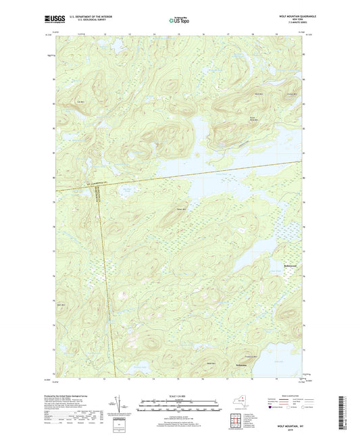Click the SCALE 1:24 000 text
180,396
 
